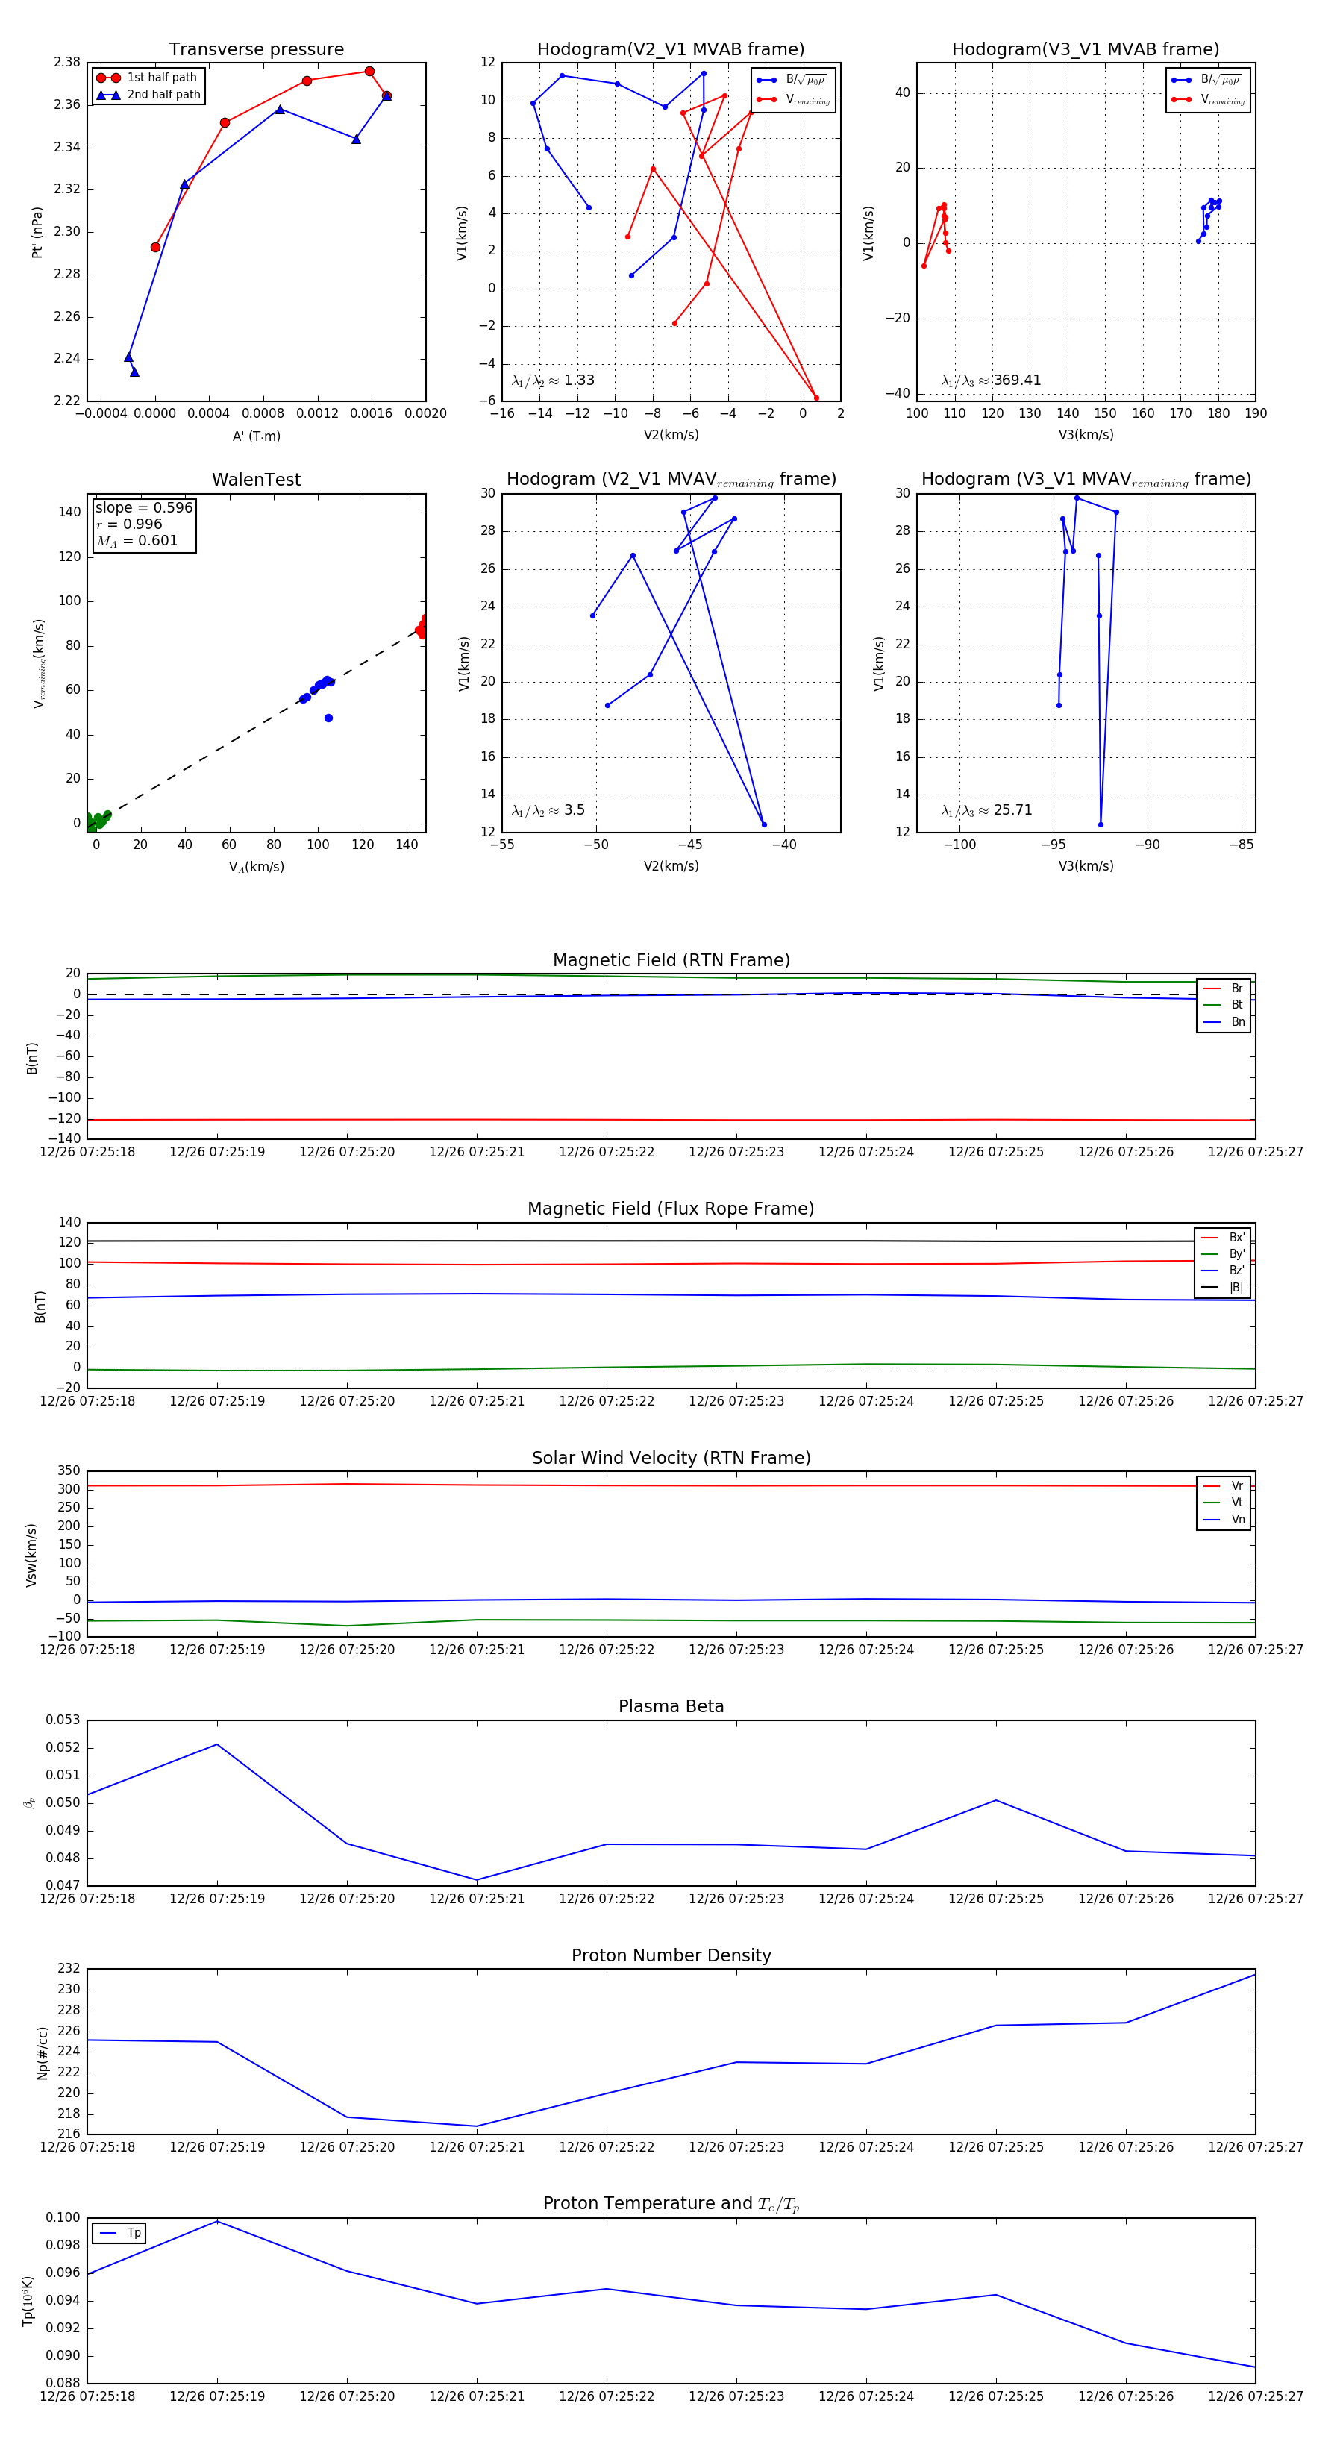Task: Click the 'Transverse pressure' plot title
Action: tap(256, 50)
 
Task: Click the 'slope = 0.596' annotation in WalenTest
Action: tap(143, 507)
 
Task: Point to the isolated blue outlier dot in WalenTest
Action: tap(328, 718)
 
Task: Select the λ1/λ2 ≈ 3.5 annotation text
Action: tap(548, 810)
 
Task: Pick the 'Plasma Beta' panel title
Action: tap(671, 1706)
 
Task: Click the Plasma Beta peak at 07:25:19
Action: tap(217, 1744)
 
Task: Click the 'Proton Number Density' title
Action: tap(671, 1955)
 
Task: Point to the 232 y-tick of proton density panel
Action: tap(69, 1968)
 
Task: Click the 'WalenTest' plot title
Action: tap(256, 480)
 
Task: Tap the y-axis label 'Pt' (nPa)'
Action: tap(37, 232)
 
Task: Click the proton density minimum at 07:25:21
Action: tap(476, 2126)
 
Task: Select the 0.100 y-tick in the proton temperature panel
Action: tap(63, 2217)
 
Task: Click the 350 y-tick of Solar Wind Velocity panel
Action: tap(69, 1471)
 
